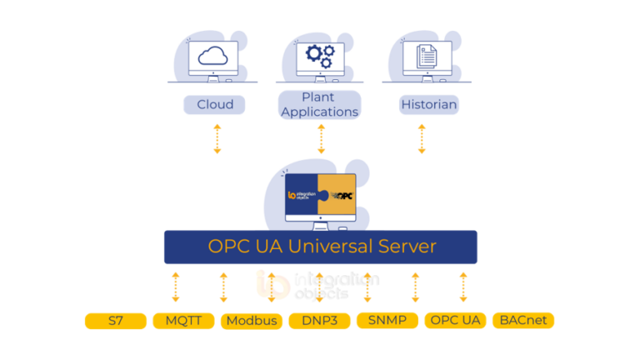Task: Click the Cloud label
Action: [214, 105]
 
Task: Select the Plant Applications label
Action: [318, 105]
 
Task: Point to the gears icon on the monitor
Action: [319, 56]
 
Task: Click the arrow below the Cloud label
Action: [217, 138]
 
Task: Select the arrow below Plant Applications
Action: [321, 138]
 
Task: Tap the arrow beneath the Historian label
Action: [422, 138]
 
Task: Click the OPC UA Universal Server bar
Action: [321, 247]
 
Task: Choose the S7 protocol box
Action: [116, 321]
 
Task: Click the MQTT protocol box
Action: [182, 321]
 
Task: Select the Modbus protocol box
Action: [252, 321]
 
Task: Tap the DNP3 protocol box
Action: [319, 321]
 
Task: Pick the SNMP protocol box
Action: [387, 320]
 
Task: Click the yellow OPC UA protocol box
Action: [455, 320]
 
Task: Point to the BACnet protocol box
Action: [523, 320]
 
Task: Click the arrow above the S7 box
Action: [175, 287]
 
